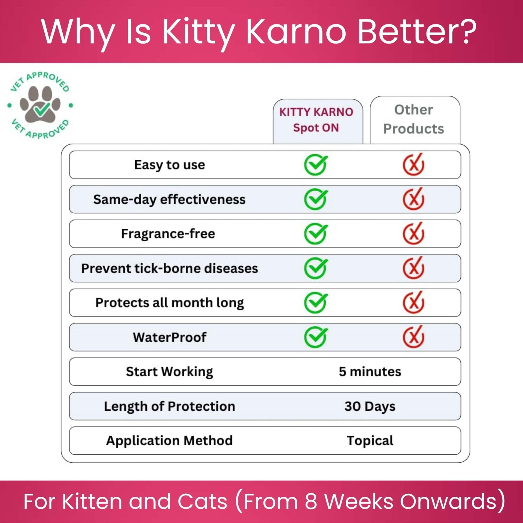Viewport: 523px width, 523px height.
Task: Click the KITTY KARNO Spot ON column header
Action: [x=316, y=120]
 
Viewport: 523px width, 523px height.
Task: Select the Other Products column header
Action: [x=413, y=119]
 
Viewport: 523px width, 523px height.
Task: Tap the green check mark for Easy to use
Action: [x=316, y=165]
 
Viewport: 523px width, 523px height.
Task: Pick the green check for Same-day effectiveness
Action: [x=316, y=199]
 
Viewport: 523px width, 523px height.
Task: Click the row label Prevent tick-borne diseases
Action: [x=170, y=268]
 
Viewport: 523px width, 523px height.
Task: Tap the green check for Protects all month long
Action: [x=316, y=303]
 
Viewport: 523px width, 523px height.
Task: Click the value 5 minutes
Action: [x=370, y=372]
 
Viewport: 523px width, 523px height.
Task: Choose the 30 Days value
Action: [x=370, y=406]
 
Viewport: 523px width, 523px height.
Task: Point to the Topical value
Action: [x=370, y=441]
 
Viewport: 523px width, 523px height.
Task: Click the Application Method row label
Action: [x=170, y=441]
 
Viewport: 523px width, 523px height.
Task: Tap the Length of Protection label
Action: [x=170, y=406]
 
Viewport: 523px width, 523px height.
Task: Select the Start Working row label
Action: [x=170, y=372]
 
